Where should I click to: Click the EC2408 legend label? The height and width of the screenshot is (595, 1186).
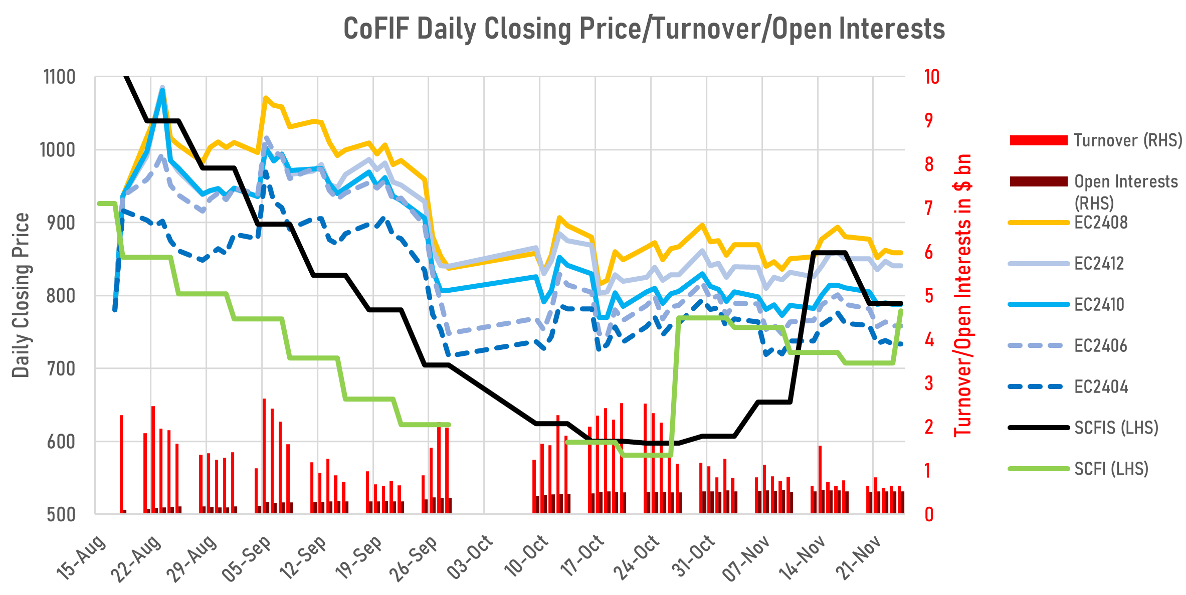(x=1101, y=223)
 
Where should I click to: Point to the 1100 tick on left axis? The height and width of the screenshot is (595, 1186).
(x=60, y=78)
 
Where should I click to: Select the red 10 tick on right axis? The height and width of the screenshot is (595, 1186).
(x=931, y=77)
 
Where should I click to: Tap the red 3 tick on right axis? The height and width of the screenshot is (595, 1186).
(x=929, y=384)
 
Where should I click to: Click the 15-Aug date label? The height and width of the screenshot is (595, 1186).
(x=81, y=556)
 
